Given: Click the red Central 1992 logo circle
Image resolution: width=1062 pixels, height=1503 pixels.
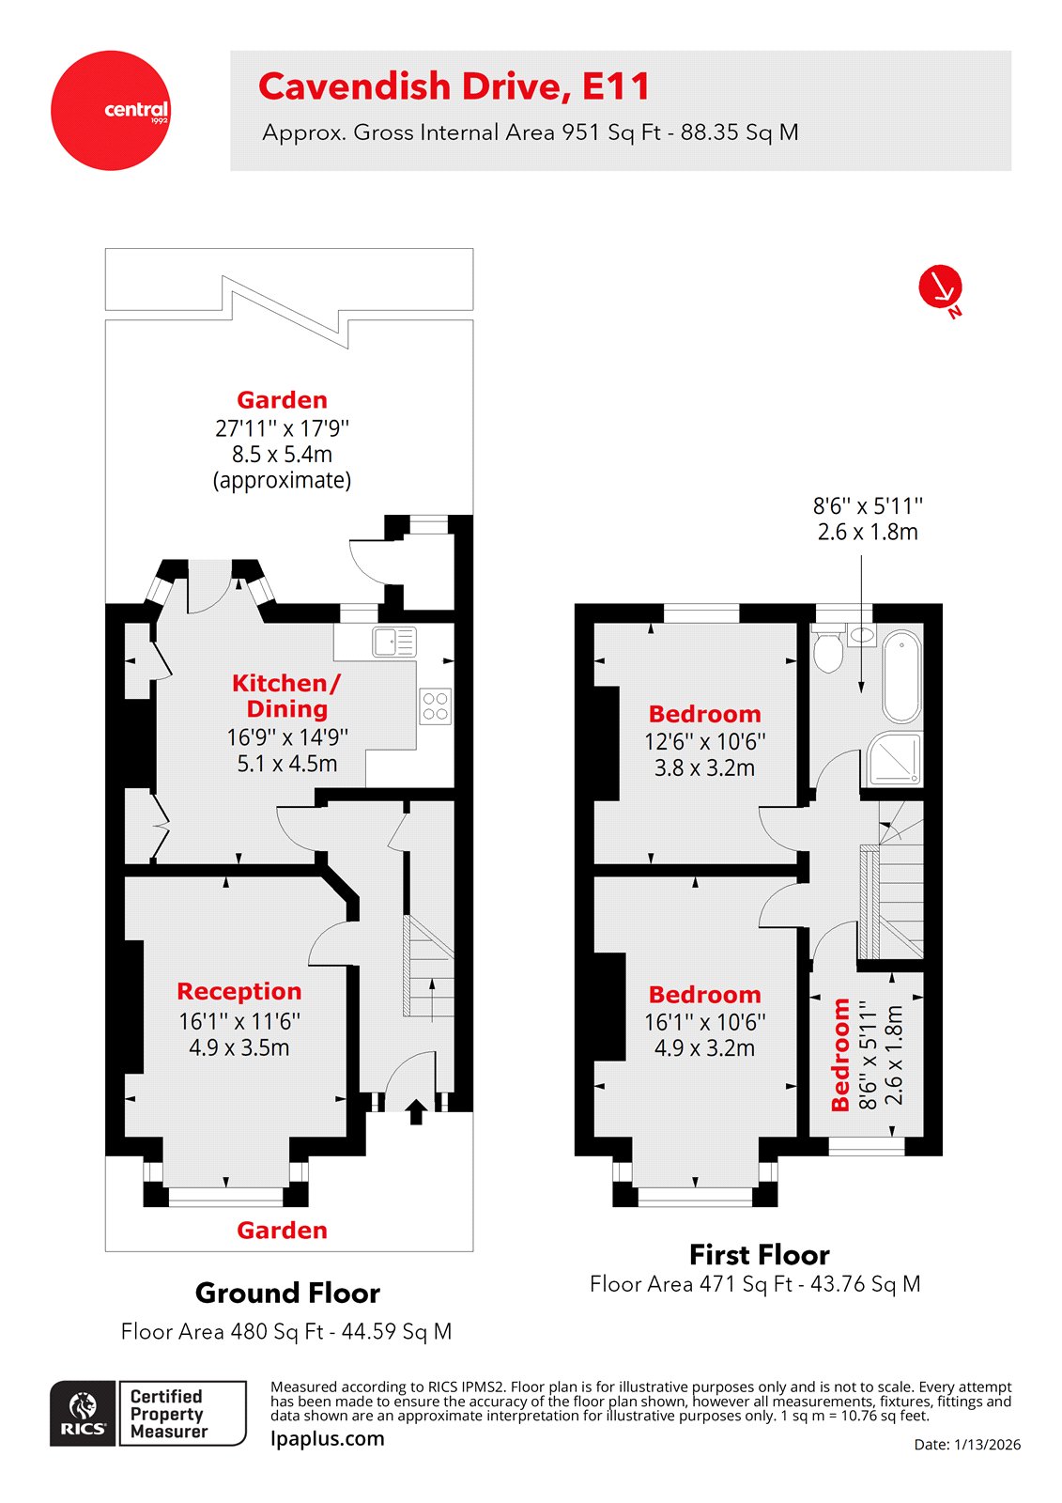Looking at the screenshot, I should pyautogui.click(x=111, y=111).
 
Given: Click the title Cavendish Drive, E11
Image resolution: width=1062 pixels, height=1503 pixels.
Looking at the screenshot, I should pyautogui.click(x=454, y=86).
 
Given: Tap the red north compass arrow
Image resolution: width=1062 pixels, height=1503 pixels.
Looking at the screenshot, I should pyautogui.click(x=940, y=287).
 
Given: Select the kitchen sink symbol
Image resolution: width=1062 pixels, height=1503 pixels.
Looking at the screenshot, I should pyautogui.click(x=393, y=642).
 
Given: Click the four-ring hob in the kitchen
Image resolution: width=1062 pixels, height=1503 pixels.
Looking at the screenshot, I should pyautogui.click(x=435, y=706).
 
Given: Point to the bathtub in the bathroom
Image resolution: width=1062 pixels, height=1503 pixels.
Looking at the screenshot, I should pyautogui.click(x=901, y=676).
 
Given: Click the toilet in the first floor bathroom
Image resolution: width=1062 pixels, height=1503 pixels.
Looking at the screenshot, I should pyautogui.click(x=827, y=652).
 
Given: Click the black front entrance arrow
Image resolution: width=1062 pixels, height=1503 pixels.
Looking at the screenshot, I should pyautogui.click(x=415, y=1112).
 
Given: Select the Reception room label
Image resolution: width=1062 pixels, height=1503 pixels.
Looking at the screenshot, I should pyautogui.click(x=239, y=992).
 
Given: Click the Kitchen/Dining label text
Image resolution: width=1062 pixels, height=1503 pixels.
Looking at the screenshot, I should pyautogui.click(x=286, y=696).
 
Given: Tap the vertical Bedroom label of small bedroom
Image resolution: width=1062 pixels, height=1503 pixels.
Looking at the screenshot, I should pyautogui.click(x=840, y=1054).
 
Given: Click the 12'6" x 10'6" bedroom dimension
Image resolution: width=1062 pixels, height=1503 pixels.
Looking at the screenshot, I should pyautogui.click(x=704, y=741).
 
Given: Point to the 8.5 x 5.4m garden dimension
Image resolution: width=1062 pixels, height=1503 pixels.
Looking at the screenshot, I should pyautogui.click(x=282, y=455).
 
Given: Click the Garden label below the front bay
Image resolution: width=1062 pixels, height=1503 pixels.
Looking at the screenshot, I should pyautogui.click(x=282, y=1231).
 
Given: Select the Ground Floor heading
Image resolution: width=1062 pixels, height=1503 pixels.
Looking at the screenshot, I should pyautogui.click(x=287, y=1294).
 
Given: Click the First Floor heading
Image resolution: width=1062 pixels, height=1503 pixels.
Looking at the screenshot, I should pyautogui.click(x=759, y=1255).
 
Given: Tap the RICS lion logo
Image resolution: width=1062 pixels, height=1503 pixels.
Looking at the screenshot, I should pyautogui.click(x=84, y=1413).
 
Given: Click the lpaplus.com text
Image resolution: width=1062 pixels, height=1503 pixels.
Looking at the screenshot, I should pyautogui.click(x=327, y=1439).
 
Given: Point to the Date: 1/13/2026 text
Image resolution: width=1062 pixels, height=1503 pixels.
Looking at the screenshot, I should pyautogui.click(x=966, y=1445).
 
